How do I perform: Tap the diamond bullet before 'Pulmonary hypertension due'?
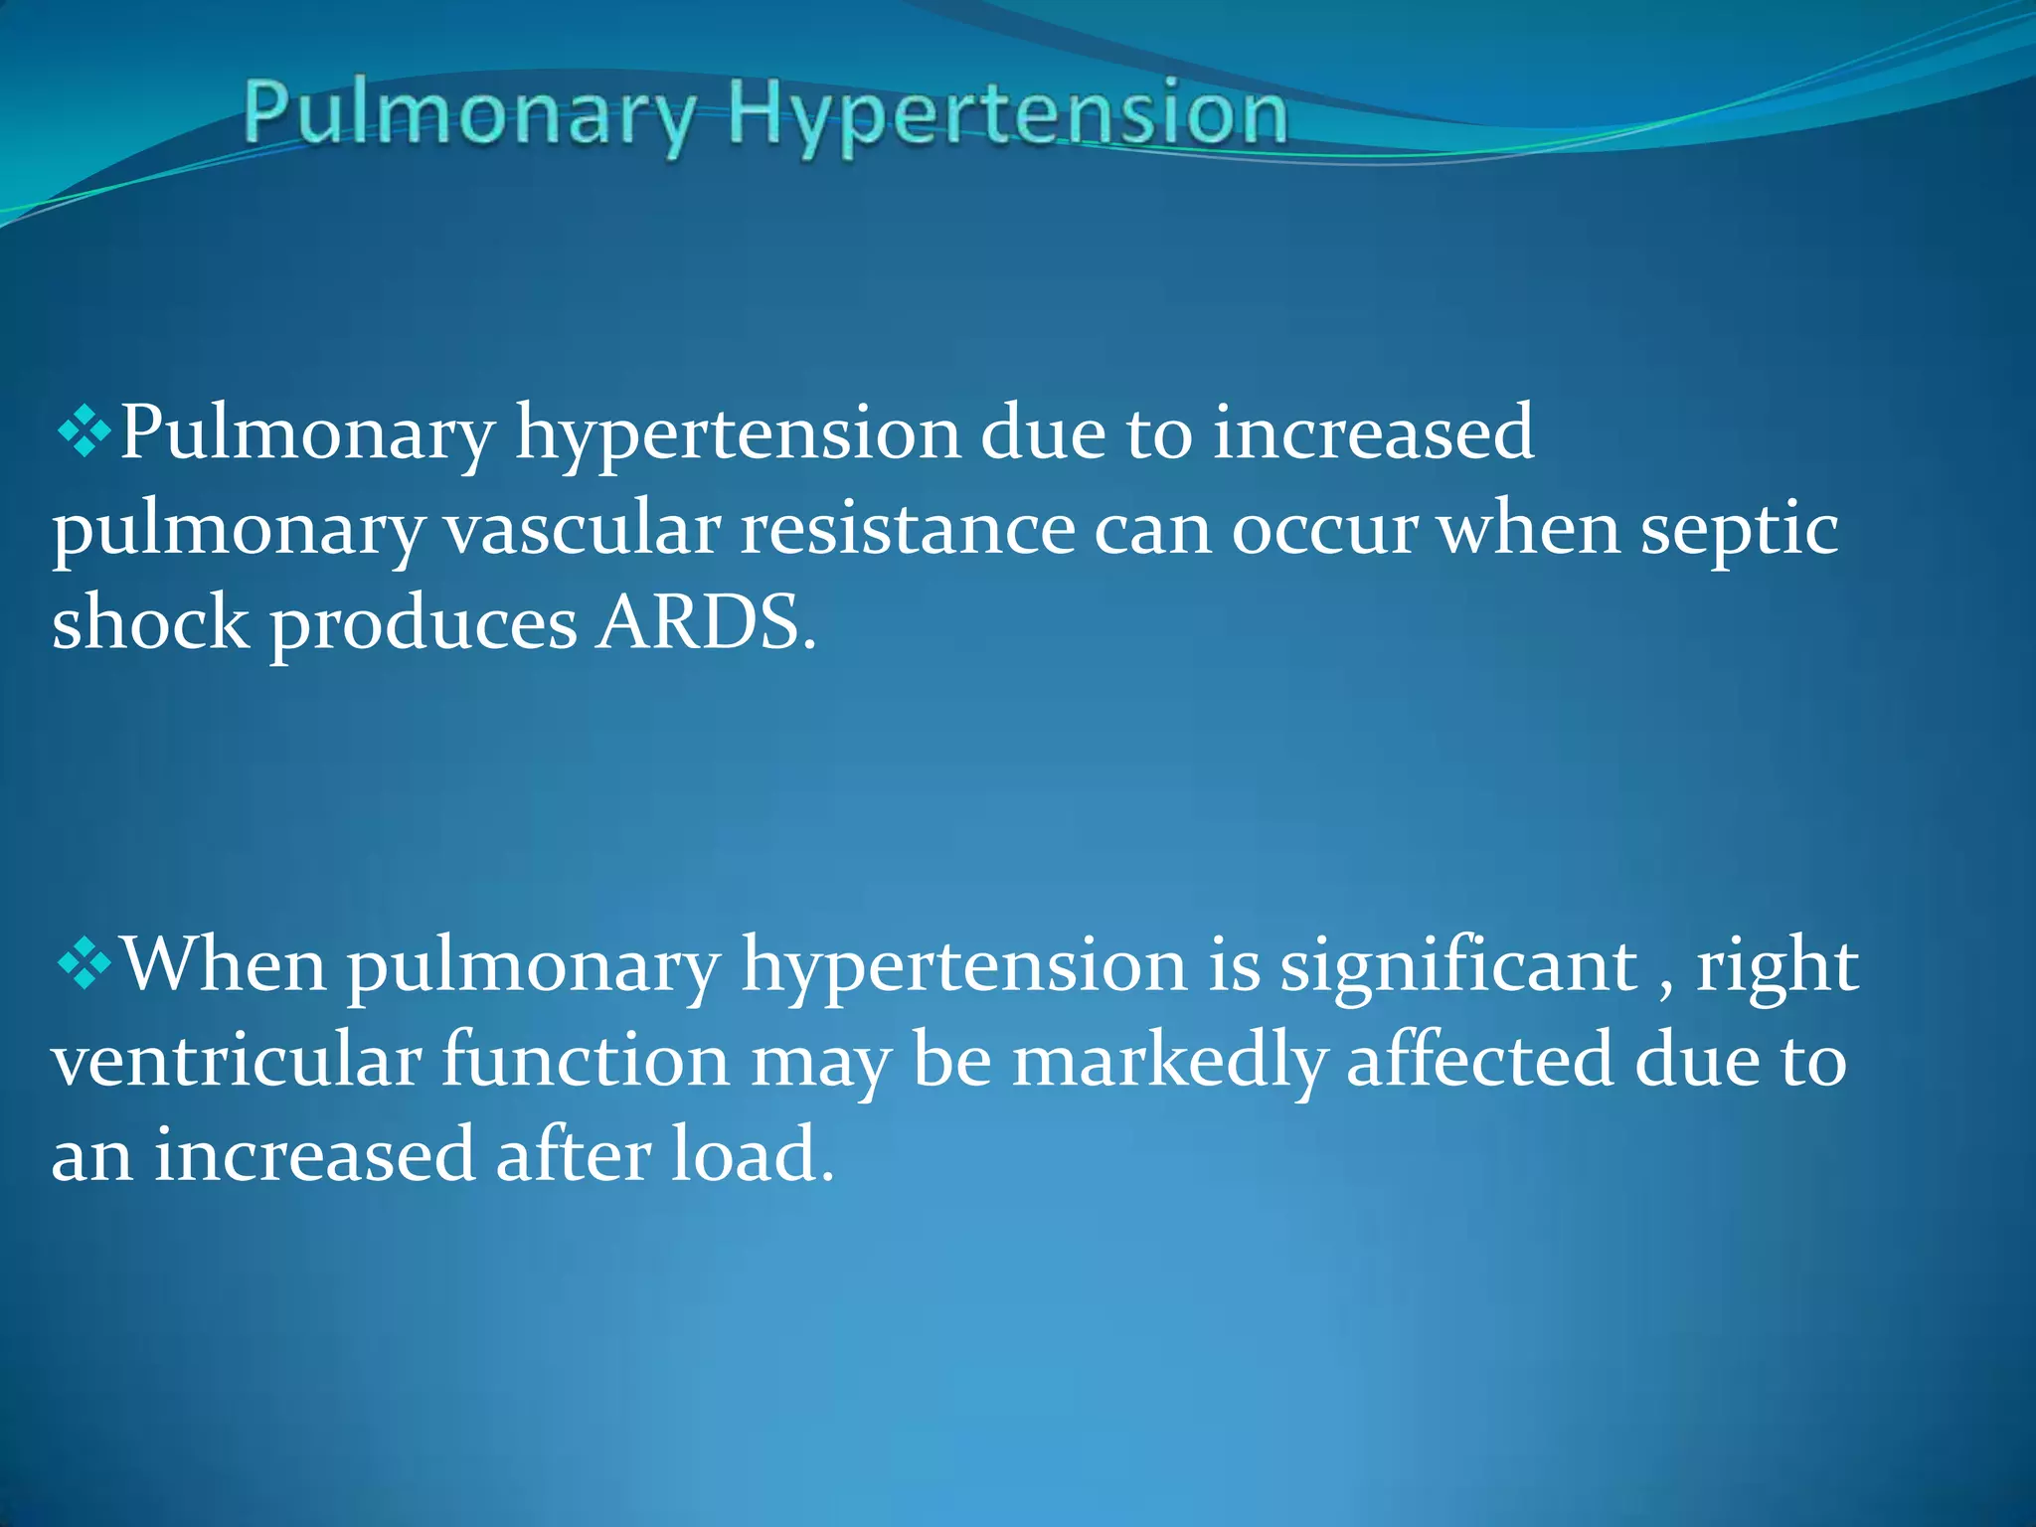pyautogui.click(x=85, y=431)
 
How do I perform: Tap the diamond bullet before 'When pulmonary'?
pyautogui.click(x=85, y=963)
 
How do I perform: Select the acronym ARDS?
pyautogui.click(x=706, y=623)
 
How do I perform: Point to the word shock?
pyautogui.click(x=150, y=623)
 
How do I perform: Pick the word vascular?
pyautogui.click(x=582, y=529)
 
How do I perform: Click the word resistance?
pyautogui.click(x=907, y=529)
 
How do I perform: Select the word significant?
pyautogui.click(x=1457, y=965)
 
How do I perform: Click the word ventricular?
pyautogui.click(x=237, y=1060)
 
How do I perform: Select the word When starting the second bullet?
pyautogui.click(x=224, y=963)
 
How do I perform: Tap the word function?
pyautogui.click(x=586, y=1060)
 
